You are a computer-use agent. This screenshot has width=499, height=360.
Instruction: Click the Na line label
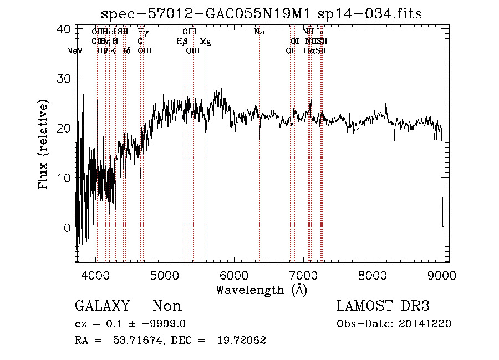[x=259, y=32]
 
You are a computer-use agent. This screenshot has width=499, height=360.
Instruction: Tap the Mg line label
[x=205, y=42]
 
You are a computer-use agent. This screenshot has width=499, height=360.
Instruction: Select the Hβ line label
[x=181, y=42]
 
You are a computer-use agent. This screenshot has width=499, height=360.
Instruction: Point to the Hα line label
[x=309, y=51]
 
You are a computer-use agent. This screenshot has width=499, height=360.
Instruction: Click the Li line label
[x=320, y=32]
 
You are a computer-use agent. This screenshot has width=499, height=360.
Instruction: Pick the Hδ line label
[x=125, y=51]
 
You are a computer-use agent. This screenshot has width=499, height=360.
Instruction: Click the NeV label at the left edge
[x=74, y=51]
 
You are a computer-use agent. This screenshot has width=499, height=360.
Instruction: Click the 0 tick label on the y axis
[x=67, y=227]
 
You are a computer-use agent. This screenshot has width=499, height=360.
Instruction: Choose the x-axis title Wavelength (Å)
[x=261, y=290]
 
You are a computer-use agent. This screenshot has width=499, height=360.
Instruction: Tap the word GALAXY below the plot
[x=102, y=306]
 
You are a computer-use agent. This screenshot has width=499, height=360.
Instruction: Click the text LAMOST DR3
[x=383, y=306]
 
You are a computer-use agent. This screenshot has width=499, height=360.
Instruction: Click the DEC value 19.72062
[x=243, y=341]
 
